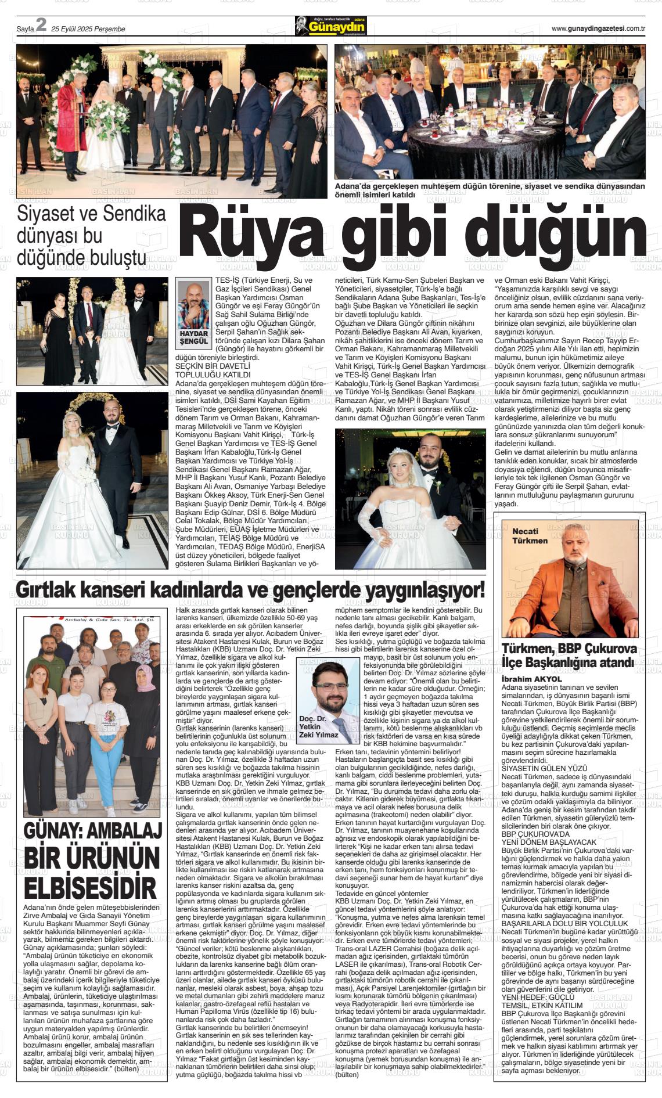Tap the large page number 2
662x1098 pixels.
[x=41, y=26]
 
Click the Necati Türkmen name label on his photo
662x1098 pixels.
[x=530, y=535]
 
